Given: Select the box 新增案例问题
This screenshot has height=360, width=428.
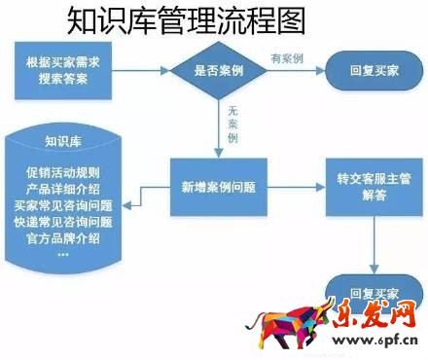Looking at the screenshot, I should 219,186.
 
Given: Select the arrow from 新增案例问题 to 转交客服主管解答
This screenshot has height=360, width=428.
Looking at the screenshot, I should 295,186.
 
